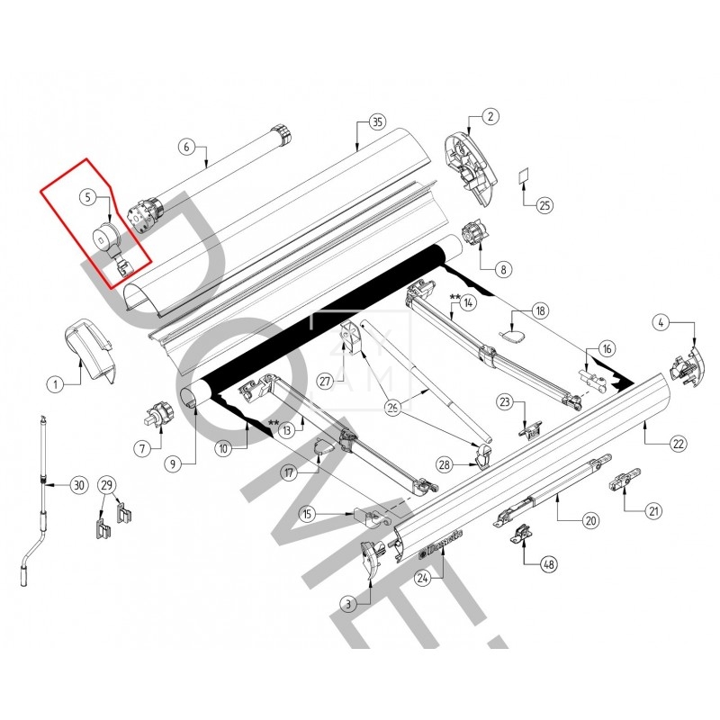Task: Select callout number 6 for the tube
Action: (186, 146)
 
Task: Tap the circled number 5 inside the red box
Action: (87, 196)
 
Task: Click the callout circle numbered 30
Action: (78, 485)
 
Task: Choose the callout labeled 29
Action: (107, 485)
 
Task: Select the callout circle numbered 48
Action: (547, 564)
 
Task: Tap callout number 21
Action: (654, 510)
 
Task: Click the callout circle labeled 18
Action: (540, 310)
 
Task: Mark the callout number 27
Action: (325, 381)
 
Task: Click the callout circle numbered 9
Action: (174, 463)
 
